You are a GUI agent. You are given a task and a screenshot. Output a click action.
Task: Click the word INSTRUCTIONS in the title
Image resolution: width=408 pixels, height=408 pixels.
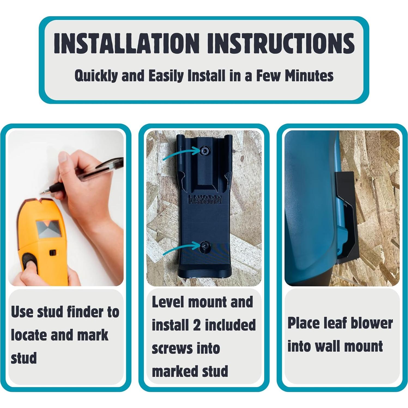tap(280, 43)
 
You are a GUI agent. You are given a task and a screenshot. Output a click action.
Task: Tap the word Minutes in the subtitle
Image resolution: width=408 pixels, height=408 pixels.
tap(309, 76)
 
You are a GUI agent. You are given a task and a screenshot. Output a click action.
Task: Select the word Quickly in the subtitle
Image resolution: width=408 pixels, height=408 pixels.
tap(96, 76)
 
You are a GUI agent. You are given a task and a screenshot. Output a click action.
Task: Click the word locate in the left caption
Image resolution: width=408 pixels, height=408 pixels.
tap(29, 335)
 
